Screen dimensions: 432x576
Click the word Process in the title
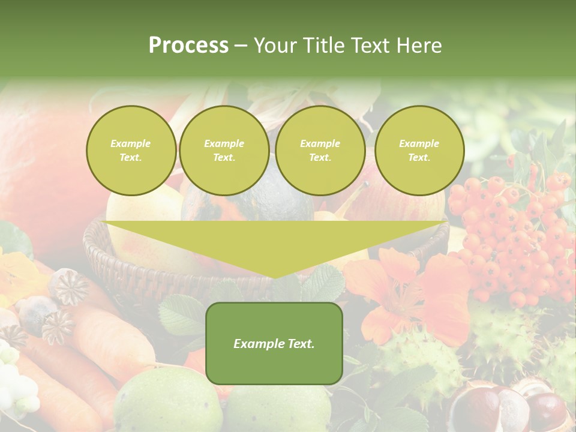[x=188, y=45]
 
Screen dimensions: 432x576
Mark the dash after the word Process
[x=241, y=46]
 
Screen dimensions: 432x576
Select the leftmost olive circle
[x=131, y=151]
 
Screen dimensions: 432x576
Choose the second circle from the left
[x=224, y=151]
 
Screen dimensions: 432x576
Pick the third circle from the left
[x=320, y=151]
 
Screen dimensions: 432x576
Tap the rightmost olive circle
[x=419, y=151]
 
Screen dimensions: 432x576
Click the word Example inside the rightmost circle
[x=419, y=143]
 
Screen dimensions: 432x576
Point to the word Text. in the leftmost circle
[x=131, y=158]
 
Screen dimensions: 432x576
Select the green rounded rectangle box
[x=274, y=343]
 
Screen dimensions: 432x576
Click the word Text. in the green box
[x=299, y=344]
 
